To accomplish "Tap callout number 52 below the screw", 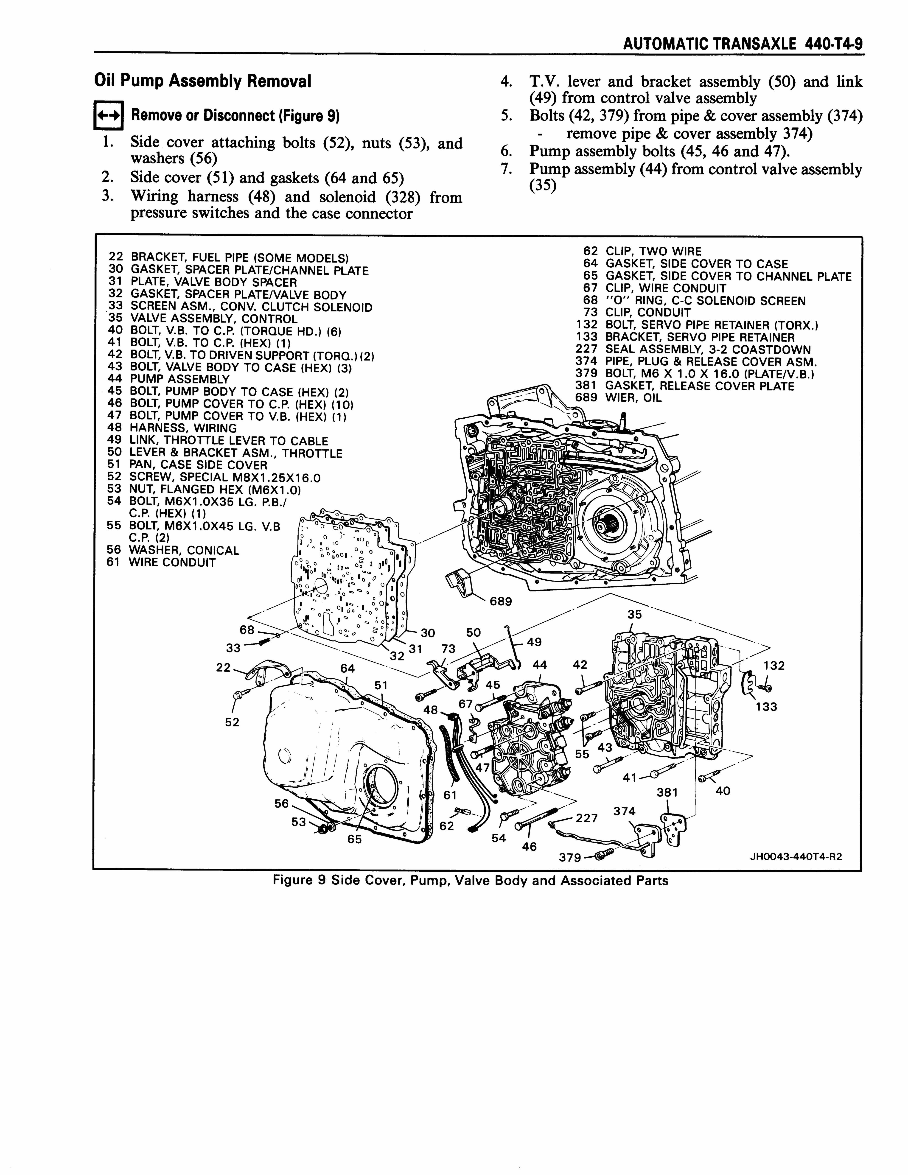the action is [x=232, y=722].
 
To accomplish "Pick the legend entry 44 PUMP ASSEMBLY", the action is [x=168, y=379].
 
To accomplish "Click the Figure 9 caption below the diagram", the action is [x=471, y=881].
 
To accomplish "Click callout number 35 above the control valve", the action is [x=635, y=614].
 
